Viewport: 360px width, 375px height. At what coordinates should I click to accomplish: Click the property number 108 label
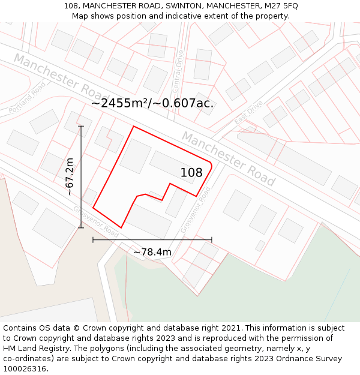point(191,173)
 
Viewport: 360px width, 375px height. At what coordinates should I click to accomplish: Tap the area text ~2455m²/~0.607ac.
point(152,103)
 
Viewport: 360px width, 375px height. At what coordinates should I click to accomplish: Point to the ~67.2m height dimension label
point(70,176)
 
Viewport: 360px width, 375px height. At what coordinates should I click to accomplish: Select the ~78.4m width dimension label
point(152,252)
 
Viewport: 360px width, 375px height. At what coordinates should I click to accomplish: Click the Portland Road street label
point(28,99)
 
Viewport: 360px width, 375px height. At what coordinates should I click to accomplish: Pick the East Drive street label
point(248,112)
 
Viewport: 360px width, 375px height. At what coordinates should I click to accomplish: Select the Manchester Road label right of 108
point(229,158)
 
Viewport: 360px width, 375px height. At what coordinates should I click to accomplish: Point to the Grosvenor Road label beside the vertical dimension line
point(96,221)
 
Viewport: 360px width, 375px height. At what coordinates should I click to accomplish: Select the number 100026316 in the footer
point(25,368)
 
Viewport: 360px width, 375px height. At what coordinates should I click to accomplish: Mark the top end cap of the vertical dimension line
point(81,126)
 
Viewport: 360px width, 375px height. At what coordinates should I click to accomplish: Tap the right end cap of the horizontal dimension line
point(211,239)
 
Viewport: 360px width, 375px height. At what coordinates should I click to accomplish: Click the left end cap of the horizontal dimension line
point(93,239)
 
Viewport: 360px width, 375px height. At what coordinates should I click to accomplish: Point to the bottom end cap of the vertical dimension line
point(81,227)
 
